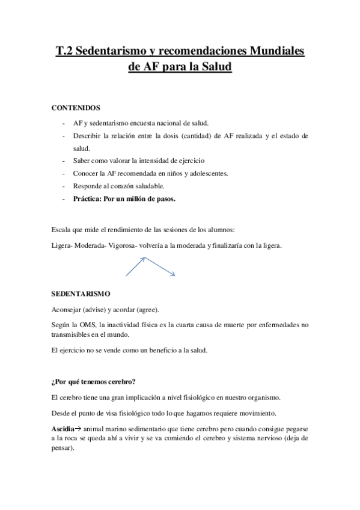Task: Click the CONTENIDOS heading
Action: tap(76, 108)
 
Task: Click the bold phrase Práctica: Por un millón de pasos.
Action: tap(124, 198)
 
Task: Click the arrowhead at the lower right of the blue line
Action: tap(173, 275)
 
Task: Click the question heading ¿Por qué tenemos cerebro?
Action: tap(93, 381)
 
